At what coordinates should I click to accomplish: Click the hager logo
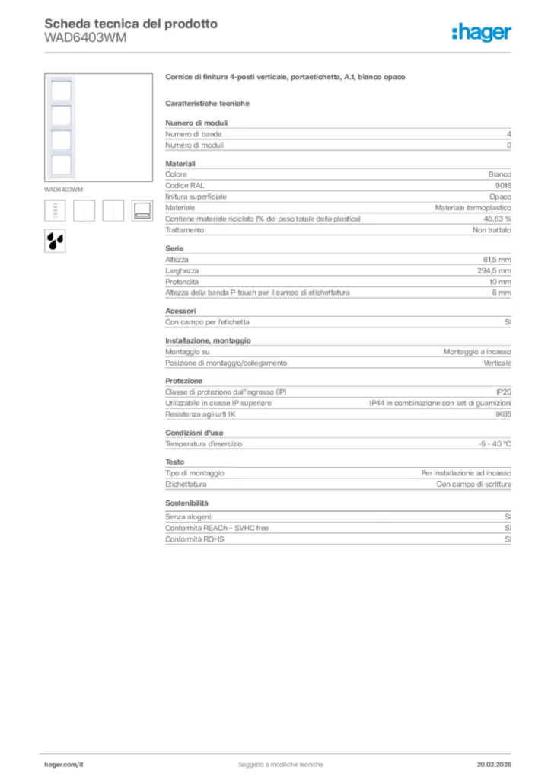pos(481,31)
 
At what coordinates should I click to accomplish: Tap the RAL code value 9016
pos(503,185)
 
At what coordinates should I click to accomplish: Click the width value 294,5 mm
pos(495,270)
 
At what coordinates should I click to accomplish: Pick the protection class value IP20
pos(504,392)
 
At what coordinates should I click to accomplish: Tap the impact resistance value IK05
pos(503,414)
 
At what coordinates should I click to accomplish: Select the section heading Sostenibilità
pos(186,503)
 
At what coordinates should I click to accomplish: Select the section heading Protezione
pos(184,380)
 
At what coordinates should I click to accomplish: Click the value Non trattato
pos(492,229)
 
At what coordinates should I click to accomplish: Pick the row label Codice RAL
pos(185,185)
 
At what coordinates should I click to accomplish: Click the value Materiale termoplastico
pos(473,207)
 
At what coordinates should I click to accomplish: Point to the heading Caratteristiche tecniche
pos(207,103)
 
